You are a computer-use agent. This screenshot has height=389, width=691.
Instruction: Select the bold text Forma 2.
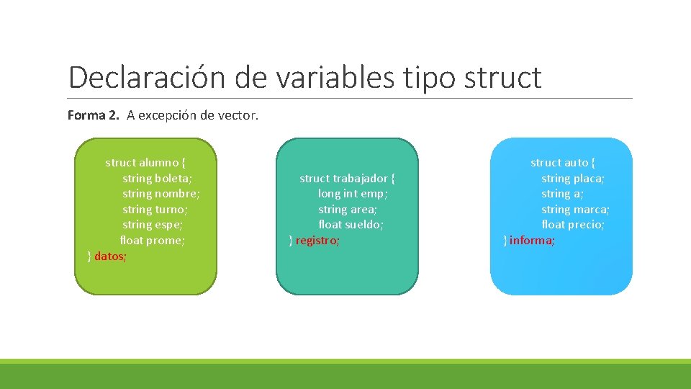pos(94,115)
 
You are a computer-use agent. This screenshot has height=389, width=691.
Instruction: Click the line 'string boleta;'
pos(157,179)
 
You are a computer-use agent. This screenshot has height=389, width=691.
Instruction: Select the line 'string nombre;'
pos(161,194)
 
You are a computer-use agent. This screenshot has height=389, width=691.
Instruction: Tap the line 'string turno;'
pos(155,210)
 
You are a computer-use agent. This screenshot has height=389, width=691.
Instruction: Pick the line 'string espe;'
pos(153,225)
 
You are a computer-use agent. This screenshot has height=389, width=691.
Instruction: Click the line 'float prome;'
pos(152,241)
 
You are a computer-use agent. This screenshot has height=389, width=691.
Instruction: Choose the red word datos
pos(109,256)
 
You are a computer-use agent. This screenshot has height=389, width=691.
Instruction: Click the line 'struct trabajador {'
pos(348,179)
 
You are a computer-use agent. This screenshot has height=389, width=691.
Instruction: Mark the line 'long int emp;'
pos(353,194)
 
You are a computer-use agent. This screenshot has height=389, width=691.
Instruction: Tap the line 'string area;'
pos(348,210)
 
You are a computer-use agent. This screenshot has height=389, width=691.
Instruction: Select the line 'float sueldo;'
pos(351,225)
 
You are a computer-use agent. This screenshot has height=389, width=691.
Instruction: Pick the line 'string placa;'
pos(573,179)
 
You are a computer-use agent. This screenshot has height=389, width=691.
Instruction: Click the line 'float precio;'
pos(573,225)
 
